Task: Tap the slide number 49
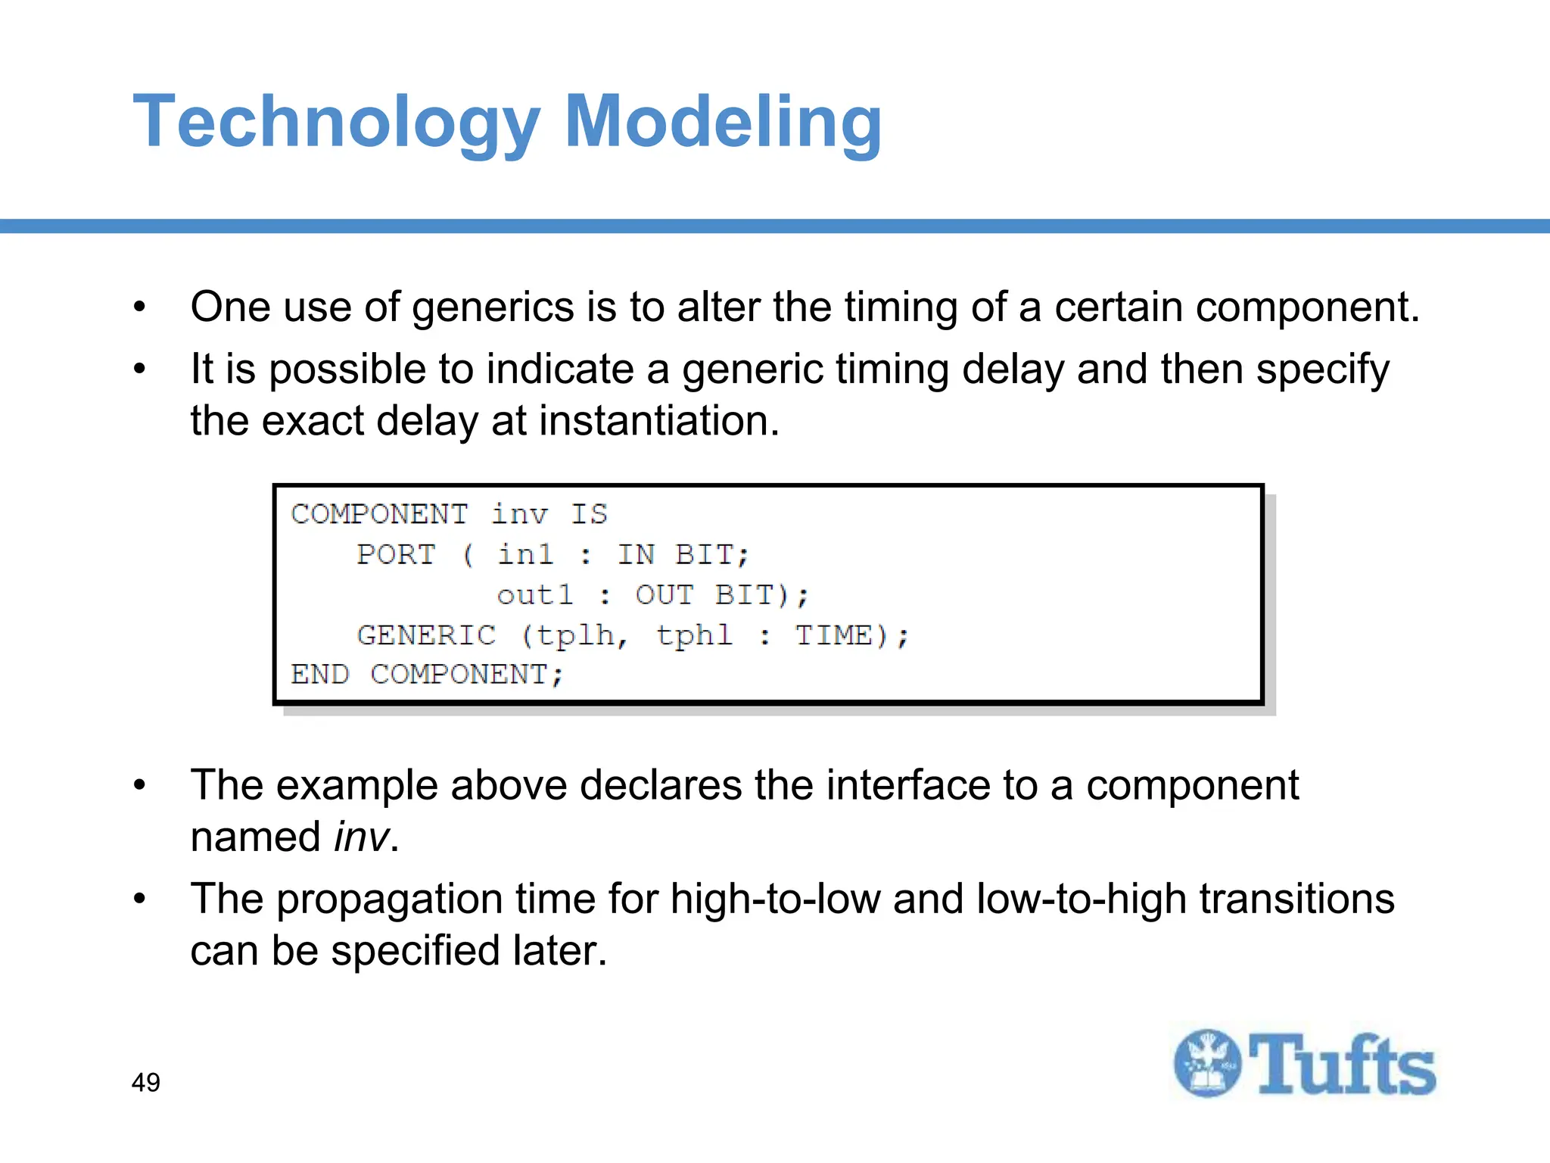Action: click(x=145, y=1082)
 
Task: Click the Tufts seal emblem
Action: click(x=1207, y=1063)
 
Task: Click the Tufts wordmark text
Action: click(x=1342, y=1065)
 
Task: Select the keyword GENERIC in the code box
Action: click(x=426, y=635)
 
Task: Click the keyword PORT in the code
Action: click(x=396, y=554)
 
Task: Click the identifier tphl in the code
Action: click(x=694, y=635)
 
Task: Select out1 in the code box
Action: click(x=534, y=595)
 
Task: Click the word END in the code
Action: click(x=319, y=674)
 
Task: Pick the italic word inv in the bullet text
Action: click(x=361, y=837)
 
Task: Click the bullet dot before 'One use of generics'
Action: click(x=139, y=307)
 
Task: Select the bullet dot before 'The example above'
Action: click(x=139, y=785)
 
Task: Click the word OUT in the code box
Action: click(x=664, y=595)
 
